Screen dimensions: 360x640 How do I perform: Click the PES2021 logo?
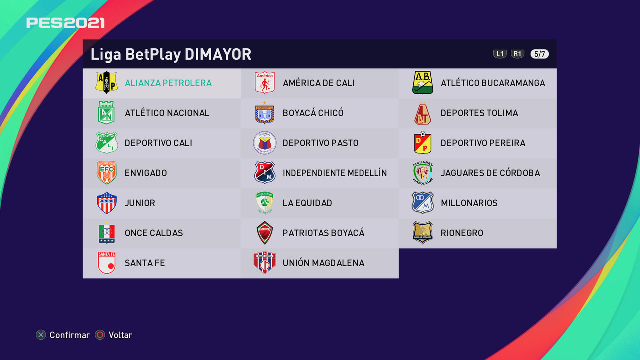tap(65, 23)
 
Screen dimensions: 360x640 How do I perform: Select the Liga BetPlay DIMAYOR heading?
tap(171, 54)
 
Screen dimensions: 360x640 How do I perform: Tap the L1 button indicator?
tap(500, 54)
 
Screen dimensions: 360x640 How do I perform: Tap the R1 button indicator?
tap(517, 54)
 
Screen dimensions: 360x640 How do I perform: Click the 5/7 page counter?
tap(539, 54)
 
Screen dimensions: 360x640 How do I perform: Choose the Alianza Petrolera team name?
tap(168, 83)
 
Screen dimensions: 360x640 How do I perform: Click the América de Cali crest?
tap(265, 83)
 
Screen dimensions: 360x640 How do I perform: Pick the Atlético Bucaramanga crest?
tap(423, 83)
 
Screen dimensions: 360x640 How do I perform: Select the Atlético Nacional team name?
tap(167, 113)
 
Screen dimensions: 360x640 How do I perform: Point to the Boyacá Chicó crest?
tap(265, 113)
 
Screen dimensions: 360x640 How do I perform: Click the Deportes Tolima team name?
tap(479, 113)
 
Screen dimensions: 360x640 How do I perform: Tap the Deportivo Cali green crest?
tap(107, 143)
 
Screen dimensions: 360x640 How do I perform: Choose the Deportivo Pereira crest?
tap(423, 143)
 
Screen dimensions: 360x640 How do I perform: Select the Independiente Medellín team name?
tap(335, 173)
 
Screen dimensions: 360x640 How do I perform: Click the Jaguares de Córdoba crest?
tap(423, 173)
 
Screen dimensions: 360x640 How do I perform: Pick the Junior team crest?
tap(107, 203)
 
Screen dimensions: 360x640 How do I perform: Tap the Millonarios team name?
tap(469, 203)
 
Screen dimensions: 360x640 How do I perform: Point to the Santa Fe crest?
tap(107, 263)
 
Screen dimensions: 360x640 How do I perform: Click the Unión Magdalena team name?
tap(323, 263)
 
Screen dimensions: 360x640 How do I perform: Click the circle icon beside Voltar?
tap(100, 335)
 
